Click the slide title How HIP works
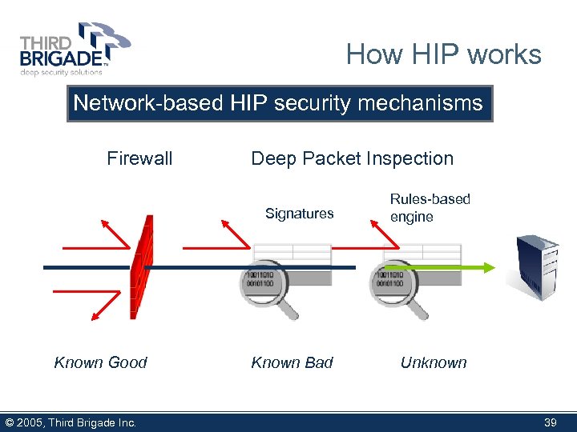[x=443, y=54]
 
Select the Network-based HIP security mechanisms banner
[x=279, y=103]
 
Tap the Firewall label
[x=139, y=158]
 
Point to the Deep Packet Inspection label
[x=352, y=158]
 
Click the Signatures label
[x=299, y=214]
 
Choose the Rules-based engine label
[x=430, y=207]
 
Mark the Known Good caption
[x=100, y=362]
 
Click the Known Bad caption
[x=292, y=362]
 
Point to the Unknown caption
[x=433, y=362]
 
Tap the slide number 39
[x=550, y=422]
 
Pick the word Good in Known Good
[x=127, y=362]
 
